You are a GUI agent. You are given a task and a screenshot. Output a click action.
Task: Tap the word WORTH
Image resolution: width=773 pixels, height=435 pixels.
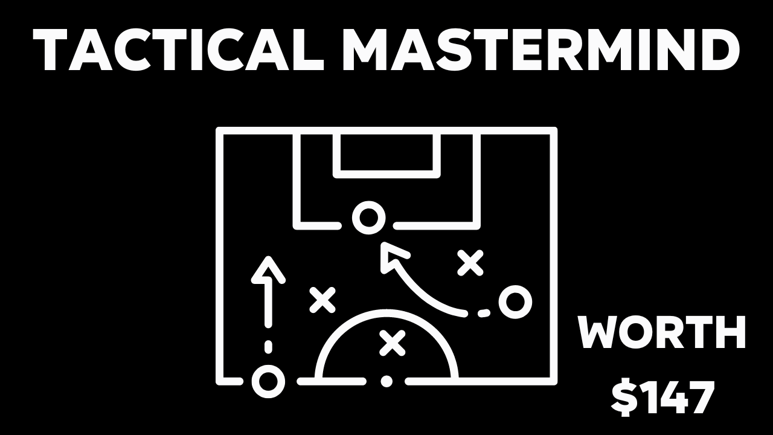click(x=662, y=333)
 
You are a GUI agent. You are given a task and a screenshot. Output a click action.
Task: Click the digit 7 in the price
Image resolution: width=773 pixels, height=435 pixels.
click(x=700, y=397)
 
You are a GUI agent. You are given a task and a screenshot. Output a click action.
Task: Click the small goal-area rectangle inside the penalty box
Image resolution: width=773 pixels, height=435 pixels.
click(x=386, y=155)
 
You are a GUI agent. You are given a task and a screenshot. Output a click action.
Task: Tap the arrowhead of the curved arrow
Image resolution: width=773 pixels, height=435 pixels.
click(x=391, y=257)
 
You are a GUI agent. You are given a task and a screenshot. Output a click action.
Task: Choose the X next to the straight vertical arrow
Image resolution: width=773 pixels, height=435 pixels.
click(x=322, y=300)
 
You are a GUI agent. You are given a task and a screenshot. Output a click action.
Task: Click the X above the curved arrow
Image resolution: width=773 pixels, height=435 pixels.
click(x=470, y=262)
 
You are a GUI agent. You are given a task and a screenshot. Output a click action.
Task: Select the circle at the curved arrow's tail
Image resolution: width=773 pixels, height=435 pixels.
click(x=515, y=301)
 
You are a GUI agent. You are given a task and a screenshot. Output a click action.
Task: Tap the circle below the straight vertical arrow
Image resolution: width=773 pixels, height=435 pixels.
click(x=268, y=381)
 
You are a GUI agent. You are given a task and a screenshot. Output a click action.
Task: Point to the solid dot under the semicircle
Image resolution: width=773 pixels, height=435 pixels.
click(x=386, y=381)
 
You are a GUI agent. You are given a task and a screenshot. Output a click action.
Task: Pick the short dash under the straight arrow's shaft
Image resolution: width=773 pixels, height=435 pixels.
click(x=268, y=347)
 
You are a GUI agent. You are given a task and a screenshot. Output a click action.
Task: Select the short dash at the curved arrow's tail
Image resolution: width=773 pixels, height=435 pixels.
click(x=483, y=313)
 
